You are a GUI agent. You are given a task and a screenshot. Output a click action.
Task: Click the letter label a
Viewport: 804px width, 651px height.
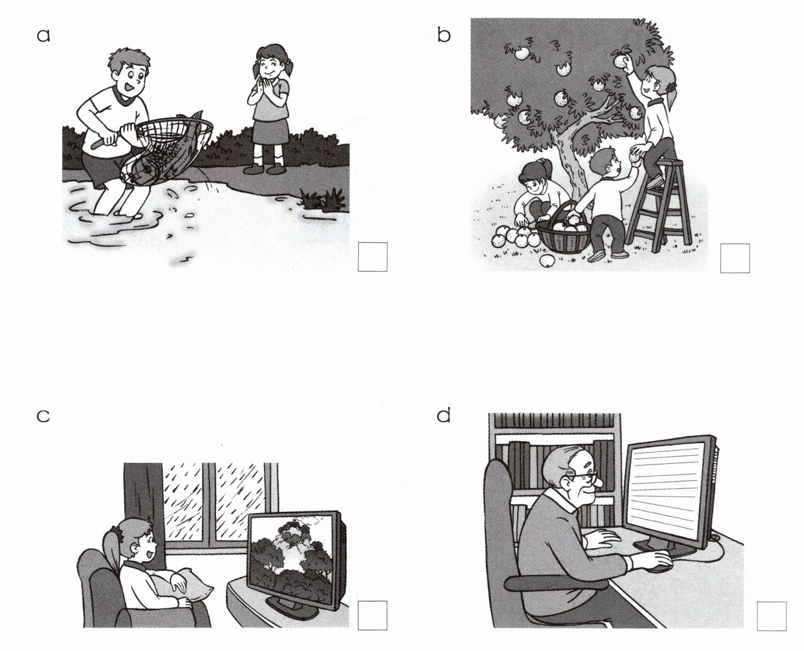43,36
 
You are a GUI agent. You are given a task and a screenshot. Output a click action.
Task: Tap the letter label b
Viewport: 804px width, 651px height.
444,36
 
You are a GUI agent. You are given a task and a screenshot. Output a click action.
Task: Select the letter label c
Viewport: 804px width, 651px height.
43,416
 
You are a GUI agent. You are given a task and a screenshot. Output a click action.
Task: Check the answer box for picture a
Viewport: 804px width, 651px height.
372,257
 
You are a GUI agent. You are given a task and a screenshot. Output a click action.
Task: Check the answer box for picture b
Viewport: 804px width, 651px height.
734,258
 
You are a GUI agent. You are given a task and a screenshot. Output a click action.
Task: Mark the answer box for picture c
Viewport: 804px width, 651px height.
372,615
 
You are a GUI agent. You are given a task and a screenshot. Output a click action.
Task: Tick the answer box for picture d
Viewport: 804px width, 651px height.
772,616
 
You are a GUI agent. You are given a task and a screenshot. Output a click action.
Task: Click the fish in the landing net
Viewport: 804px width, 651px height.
158,158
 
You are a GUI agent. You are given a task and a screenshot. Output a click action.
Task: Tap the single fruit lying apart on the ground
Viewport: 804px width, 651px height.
547,261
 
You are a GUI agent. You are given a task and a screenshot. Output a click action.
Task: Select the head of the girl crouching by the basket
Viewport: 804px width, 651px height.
534,177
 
